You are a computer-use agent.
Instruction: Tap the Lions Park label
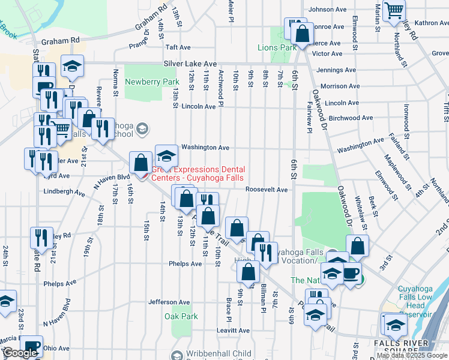click(277, 47)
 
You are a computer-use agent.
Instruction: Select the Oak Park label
click(181, 316)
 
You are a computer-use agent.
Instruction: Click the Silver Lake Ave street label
click(190, 64)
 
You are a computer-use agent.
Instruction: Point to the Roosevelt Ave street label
click(267, 190)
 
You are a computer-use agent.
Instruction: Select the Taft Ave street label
click(178, 47)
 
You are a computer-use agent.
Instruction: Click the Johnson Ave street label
click(328, 10)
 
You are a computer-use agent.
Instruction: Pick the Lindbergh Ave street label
click(64, 192)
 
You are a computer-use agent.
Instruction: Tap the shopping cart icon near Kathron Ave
click(394, 10)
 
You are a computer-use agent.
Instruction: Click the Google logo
click(20, 353)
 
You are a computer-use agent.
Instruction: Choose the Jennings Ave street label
click(337, 70)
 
